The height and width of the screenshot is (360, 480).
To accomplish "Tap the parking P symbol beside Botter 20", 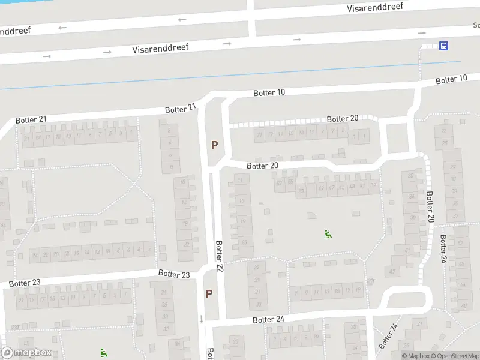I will point(214,145).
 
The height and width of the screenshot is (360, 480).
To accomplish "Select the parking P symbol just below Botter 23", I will point(209,294).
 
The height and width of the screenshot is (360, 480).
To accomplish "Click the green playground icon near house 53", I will point(328,235).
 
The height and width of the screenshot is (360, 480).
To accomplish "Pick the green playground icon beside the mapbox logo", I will point(104,352).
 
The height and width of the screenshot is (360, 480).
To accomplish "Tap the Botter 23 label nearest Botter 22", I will point(174,274).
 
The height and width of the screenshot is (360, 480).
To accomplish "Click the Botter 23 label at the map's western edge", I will point(25,283).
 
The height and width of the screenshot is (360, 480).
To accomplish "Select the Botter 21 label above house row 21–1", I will point(31,119).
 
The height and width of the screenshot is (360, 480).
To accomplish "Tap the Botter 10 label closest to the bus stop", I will point(451,79).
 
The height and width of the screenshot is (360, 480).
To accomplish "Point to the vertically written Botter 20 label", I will point(430,207).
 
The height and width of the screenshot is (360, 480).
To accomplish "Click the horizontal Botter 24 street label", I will point(268,319).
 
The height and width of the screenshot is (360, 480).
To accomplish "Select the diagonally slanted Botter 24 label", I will point(388,337).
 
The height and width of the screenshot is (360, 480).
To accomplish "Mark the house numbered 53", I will point(301,191).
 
